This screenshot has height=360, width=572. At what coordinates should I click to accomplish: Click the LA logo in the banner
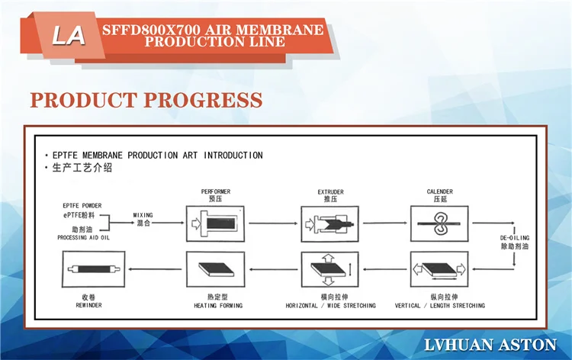click(69, 36)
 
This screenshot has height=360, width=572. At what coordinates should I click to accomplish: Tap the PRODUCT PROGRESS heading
click(146, 100)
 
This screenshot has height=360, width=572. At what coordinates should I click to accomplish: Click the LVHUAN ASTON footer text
click(490, 345)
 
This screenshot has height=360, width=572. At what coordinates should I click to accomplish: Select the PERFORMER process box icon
click(215, 223)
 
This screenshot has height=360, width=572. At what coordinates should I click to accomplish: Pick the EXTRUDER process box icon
click(329, 223)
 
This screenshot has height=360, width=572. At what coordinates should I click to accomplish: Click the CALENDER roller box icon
click(439, 223)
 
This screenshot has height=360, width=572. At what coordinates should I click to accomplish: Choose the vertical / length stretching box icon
click(439, 269)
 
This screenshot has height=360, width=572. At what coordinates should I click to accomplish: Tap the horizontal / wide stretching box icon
click(329, 269)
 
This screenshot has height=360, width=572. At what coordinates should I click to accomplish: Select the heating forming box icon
click(215, 269)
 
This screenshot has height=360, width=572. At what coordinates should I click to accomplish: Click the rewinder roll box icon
click(94, 269)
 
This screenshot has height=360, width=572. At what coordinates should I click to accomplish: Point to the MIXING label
click(143, 215)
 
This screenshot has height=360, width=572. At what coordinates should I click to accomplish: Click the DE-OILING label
click(514, 238)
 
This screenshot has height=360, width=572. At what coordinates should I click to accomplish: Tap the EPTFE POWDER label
click(82, 206)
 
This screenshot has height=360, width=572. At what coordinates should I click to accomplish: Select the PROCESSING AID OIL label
click(84, 238)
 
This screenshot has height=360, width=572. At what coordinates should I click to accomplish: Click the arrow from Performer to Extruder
click(273, 223)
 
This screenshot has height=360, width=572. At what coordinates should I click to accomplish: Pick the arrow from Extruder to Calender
click(385, 223)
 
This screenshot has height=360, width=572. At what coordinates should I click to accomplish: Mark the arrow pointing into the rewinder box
click(155, 269)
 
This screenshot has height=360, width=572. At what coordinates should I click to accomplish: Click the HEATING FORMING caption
click(218, 306)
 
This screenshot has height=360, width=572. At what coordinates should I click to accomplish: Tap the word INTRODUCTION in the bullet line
click(233, 156)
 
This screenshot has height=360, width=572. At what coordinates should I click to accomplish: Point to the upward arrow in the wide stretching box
click(329, 259)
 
